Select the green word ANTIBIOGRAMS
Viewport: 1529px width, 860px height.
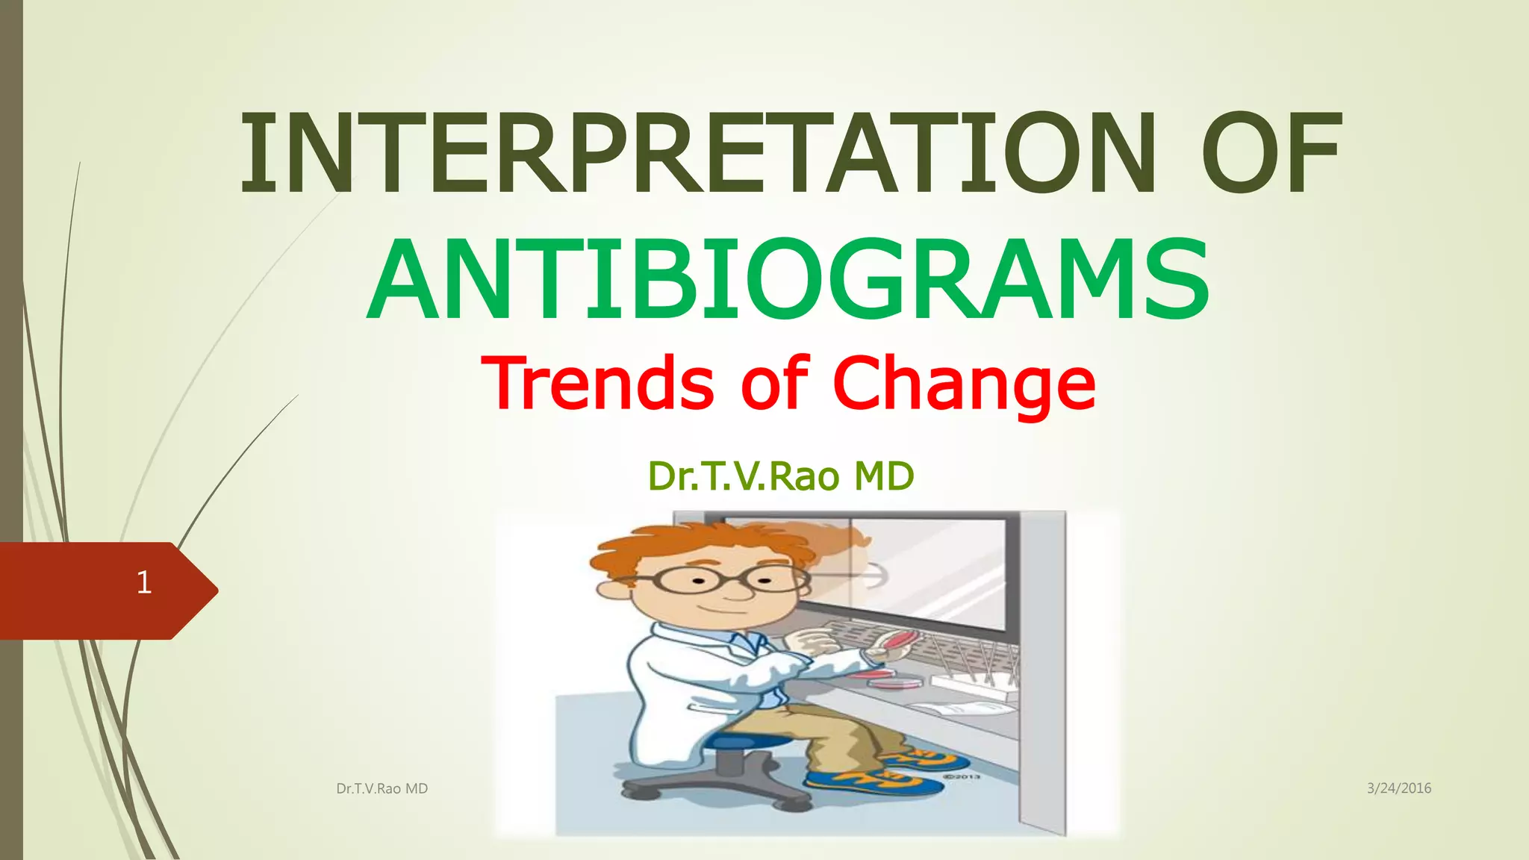pyautogui.click(x=788, y=280)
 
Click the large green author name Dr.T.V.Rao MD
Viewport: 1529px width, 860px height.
pyautogui.click(x=781, y=476)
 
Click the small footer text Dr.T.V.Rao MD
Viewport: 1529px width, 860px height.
pyautogui.click(x=382, y=788)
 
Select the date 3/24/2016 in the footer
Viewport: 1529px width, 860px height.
pyautogui.click(x=1398, y=788)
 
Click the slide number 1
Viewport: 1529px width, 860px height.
pyautogui.click(x=144, y=582)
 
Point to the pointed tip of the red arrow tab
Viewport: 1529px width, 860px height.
pyautogui.click(x=216, y=591)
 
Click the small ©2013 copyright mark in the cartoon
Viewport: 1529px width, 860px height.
pyautogui.click(x=962, y=777)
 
